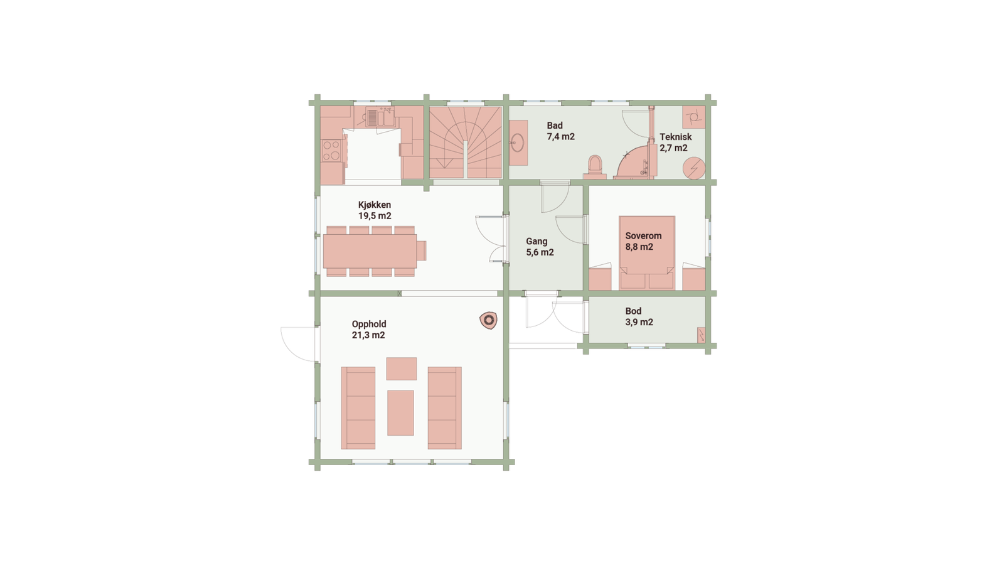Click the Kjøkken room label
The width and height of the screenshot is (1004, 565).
coord(375,205)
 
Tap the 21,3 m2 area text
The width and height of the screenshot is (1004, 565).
coord(368,335)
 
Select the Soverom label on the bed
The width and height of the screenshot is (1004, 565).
coord(643,236)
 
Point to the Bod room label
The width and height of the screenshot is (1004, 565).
coord(633,311)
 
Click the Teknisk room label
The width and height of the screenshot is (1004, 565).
coord(675,137)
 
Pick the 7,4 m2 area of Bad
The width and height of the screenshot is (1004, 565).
coord(560,136)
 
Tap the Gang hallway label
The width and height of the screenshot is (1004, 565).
coord(537,241)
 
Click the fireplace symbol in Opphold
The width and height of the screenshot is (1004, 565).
coord(488,321)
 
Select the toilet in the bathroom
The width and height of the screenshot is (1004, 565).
coord(593,166)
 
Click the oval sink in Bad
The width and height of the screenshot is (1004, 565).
coord(518,143)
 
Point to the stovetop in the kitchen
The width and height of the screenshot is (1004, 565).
coord(331,150)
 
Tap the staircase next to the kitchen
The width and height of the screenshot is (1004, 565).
coord(465,143)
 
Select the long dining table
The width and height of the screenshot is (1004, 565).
coord(370,251)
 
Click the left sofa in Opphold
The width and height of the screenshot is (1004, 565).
coord(358,407)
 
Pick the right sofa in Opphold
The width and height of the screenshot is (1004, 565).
coord(444,407)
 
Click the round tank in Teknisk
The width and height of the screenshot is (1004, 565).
coord(694,169)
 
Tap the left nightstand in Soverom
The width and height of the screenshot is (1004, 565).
coord(601,279)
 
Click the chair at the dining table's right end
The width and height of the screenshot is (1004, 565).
coord(422,250)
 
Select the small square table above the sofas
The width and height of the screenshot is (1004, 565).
coord(401,369)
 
